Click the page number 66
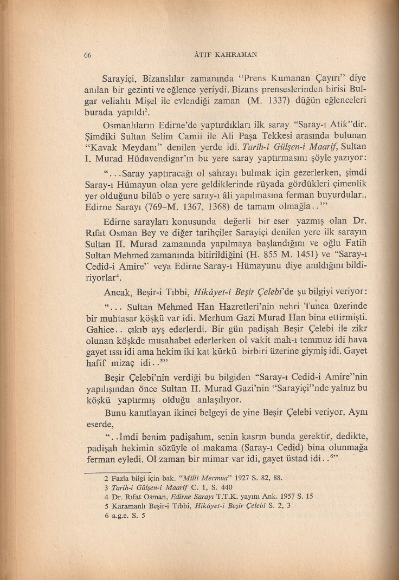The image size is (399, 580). tap(88, 54)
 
